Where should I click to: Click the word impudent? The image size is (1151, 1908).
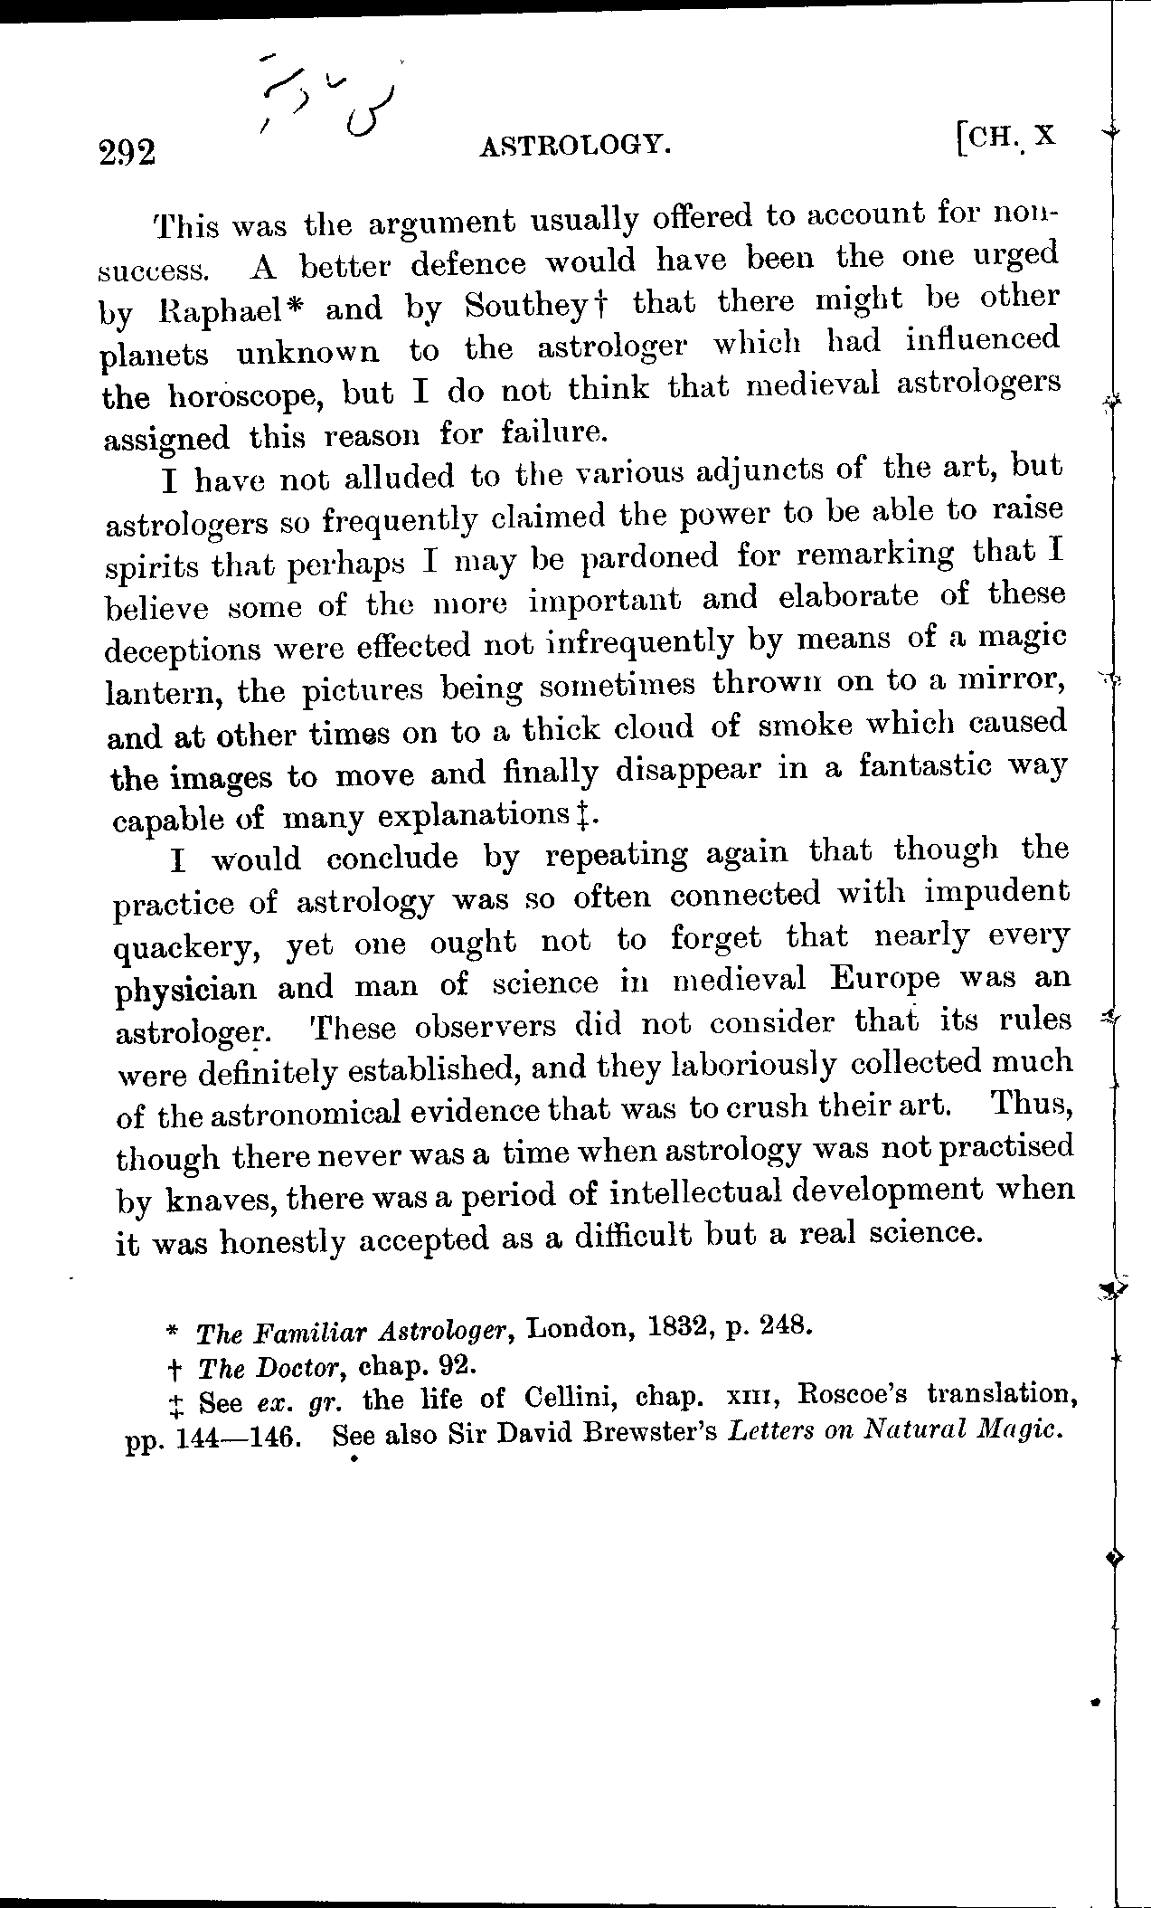[997, 894]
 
